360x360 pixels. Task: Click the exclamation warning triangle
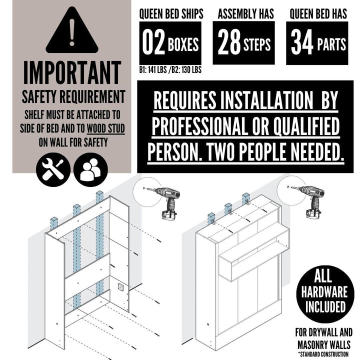72,30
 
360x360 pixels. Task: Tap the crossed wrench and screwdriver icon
53,169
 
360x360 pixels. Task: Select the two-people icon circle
90,169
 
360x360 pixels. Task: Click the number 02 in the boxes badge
153,42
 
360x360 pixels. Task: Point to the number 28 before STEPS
229,42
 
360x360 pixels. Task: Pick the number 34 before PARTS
302,42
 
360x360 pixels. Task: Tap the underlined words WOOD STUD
106,128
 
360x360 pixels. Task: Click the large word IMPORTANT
72,73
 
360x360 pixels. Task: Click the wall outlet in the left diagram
121,287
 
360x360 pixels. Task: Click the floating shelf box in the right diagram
253,255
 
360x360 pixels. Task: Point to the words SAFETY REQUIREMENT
73,97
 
